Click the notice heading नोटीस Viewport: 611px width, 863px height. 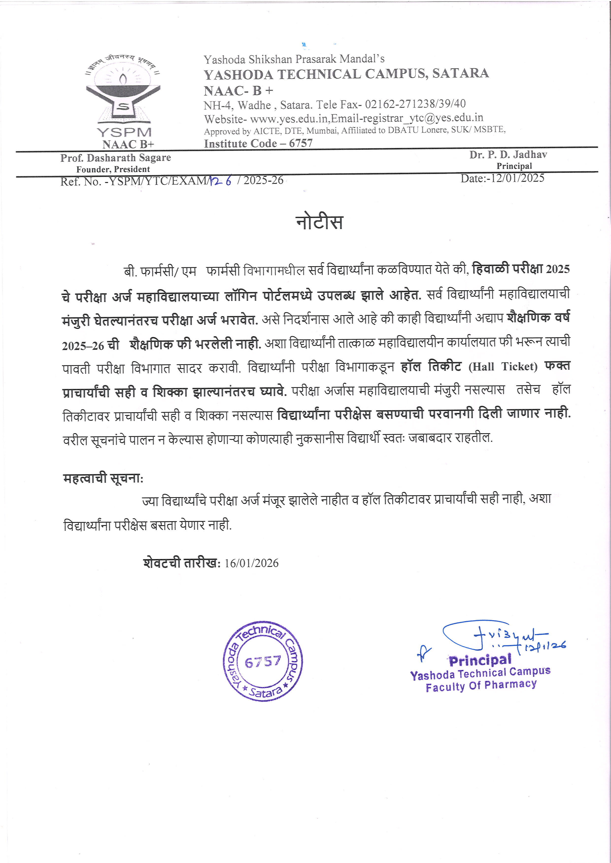pyautogui.click(x=319, y=222)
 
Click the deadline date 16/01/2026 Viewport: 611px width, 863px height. pyautogui.click(x=251, y=563)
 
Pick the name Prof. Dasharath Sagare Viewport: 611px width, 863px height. pyautogui.click(x=116, y=158)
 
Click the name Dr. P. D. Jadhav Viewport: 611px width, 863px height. pyautogui.click(x=508, y=155)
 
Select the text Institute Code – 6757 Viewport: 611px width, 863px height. pyautogui.click(x=258, y=143)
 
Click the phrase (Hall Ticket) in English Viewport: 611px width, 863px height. pyautogui.click(x=503, y=366)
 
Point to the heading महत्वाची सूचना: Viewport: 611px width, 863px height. pyautogui.click(x=103, y=478)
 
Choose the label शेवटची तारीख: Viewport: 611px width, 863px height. pyautogui.click(x=182, y=563)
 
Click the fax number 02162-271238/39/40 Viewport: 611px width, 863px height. pyautogui.click(x=415, y=104)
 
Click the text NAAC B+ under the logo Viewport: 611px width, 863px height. pyautogui.click(x=128, y=144)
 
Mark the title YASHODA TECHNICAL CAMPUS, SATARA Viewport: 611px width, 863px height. pyautogui.click(x=346, y=74)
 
